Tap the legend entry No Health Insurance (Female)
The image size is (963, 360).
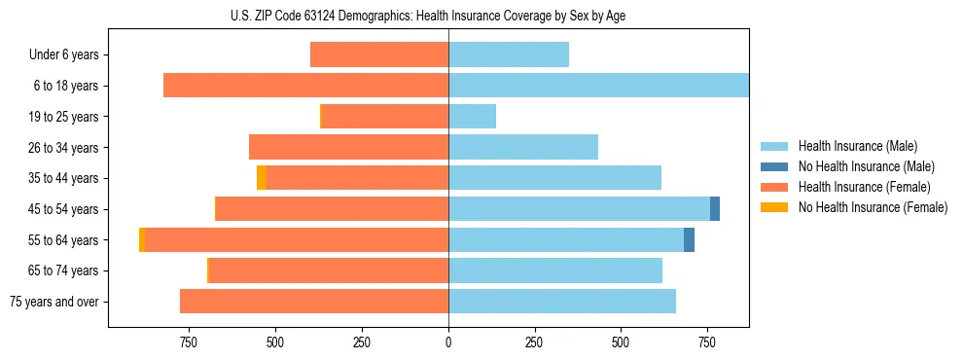[873, 207]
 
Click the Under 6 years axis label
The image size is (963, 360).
[63, 55]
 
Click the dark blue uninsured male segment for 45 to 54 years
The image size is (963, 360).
[715, 209]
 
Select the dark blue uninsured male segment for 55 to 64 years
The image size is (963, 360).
[689, 240]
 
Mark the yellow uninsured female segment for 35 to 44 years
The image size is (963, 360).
[262, 178]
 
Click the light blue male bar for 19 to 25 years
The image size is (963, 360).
[472, 117]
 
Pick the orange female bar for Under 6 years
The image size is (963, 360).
[379, 55]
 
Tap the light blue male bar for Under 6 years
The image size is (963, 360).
[509, 55]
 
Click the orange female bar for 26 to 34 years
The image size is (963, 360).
[348, 148]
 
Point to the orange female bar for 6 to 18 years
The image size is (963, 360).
[305, 86]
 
